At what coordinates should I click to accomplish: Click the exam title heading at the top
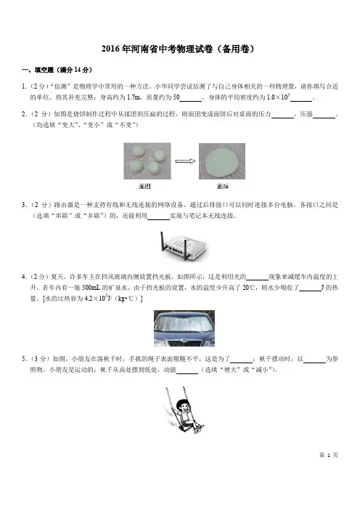pos(178,49)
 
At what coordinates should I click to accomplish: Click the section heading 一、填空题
pos(57,70)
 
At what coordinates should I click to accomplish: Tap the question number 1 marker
pos(24,86)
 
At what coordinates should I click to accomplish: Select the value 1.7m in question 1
pos(134,97)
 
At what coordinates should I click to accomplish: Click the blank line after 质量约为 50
pos(191,101)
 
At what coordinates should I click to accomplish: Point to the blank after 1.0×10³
pos(301,101)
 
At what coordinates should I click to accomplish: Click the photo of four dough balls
pos(147,161)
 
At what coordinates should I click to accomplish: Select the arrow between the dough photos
pos(185,161)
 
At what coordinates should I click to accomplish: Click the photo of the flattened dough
pos(222,161)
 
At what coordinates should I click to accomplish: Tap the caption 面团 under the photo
pos(145,187)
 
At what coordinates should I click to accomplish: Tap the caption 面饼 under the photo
pos(223,187)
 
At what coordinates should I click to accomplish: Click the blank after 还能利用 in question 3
pos(158,219)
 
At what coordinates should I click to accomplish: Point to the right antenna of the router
pos(186,250)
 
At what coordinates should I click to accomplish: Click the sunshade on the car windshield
pos(184,323)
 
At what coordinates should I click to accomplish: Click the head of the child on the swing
pos(182,405)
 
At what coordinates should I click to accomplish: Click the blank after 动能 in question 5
pos(187,373)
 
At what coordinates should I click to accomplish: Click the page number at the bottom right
pos(329,455)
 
